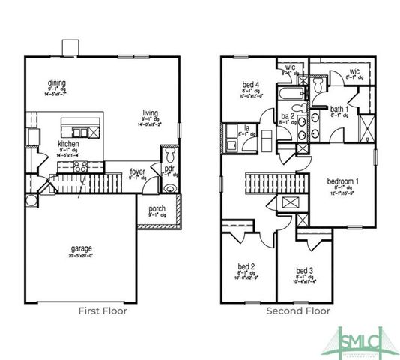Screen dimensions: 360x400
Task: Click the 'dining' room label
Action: [57, 82]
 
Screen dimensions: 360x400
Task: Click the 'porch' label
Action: [157, 208]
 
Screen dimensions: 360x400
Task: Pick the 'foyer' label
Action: [137, 172]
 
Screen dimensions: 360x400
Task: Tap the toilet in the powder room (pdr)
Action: [170, 155]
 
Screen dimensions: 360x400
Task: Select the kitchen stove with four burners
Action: [80, 166]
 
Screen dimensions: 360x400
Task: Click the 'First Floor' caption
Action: [103, 310]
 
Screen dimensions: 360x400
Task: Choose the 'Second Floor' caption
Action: [298, 310]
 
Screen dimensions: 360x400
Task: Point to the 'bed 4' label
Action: [251, 84]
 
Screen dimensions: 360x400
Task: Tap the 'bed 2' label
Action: [247, 266]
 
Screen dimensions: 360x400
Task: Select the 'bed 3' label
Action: [303, 270]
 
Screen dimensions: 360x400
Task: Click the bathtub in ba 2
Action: [291, 94]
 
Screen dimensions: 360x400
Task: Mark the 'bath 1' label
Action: [339, 109]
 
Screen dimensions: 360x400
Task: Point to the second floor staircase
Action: [276, 181]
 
